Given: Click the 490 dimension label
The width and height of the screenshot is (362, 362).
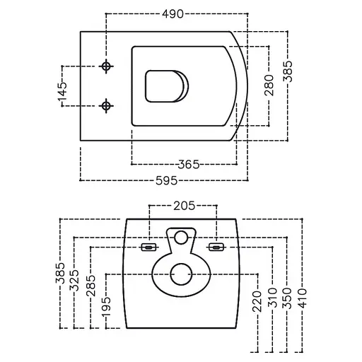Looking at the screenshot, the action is (173, 14).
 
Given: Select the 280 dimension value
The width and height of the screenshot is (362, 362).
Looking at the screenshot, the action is (269, 85).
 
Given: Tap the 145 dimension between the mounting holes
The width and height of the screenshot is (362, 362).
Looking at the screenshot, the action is (62, 92).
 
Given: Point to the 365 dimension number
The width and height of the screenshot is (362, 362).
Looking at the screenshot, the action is (189, 164).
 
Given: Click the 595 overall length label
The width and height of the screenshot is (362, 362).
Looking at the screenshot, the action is (166, 180).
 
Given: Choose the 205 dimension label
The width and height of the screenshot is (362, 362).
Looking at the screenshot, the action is (185, 206).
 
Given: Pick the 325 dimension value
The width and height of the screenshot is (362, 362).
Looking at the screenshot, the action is (74, 280).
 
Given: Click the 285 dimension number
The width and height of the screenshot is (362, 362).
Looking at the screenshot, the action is (90, 286).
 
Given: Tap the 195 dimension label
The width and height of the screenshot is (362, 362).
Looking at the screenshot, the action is (106, 307).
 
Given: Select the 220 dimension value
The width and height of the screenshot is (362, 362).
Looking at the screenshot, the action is (257, 301).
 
